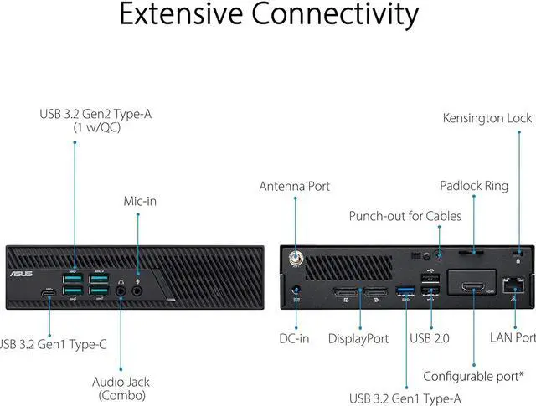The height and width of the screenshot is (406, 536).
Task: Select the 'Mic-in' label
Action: pyautogui.click(x=140, y=201)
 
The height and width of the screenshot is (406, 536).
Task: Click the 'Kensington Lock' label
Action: pyautogui.click(x=487, y=118)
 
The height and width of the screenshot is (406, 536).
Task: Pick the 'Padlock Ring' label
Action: pyautogui.click(x=474, y=186)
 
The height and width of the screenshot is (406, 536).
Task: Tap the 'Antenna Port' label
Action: pyautogui.click(x=295, y=186)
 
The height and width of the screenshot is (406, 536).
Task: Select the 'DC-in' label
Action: pyautogui.click(x=295, y=338)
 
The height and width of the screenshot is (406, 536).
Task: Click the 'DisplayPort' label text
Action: pyautogui.click(x=358, y=338)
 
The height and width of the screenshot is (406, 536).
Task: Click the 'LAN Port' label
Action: pyautogui.click(x=512, y=338)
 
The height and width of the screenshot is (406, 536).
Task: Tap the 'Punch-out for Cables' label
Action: pyautogui.click(x=405, y=216)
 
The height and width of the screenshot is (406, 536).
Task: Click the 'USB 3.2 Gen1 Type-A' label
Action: pyautogui.click(x=405, y=398)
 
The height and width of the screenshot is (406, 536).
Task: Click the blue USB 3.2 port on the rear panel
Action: pyautogui.click(x=407, y=291)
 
